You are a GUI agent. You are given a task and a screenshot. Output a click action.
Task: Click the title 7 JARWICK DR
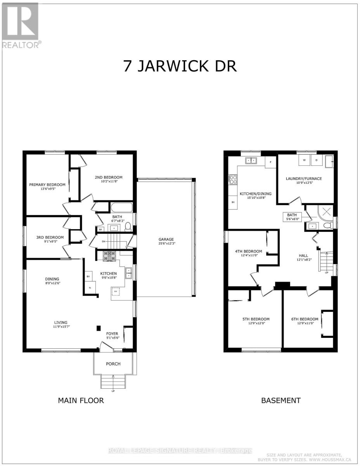tap(180, 66)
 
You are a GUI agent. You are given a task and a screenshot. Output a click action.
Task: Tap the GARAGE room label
tap(166, 240)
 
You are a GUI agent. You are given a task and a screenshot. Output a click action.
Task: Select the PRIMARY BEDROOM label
tap(47, 184)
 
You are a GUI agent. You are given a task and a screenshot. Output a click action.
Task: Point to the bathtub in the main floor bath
tap(122, 207)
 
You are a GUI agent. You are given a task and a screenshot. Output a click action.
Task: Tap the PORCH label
tap(113, 364)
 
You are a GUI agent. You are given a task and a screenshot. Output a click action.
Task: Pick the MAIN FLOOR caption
tap(81, 400)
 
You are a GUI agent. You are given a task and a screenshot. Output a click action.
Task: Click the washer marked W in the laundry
tap(304, 160)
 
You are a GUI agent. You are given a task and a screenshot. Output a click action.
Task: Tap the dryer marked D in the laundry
tap(317, 160)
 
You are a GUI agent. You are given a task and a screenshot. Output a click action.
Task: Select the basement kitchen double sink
tap(251, 160)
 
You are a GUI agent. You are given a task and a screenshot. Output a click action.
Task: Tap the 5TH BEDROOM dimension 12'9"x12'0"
tap(256, 324)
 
